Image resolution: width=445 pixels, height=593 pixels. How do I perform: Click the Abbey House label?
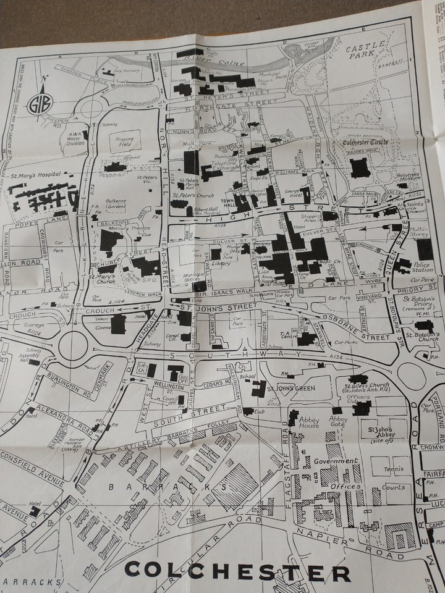308,421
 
